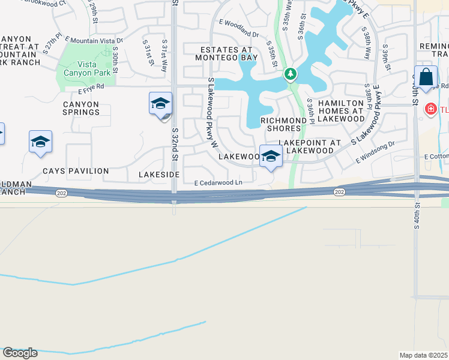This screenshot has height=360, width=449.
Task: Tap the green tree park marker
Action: pos(291,74)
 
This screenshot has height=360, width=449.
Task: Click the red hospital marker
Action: pos(430,109)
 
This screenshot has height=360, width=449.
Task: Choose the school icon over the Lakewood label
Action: pos(271,156)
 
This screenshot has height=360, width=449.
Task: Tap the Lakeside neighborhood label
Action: pos(159,174)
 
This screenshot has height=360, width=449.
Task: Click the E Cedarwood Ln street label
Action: pos(218,183)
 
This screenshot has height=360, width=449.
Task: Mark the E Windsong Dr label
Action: pos(376,152)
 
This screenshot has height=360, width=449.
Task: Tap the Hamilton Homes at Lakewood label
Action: pos(341,111)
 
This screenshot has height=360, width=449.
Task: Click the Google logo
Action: pos(20,353)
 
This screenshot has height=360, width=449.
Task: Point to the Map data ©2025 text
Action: pos(423,355)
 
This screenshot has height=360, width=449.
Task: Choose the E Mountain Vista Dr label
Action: pos(93,41)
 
